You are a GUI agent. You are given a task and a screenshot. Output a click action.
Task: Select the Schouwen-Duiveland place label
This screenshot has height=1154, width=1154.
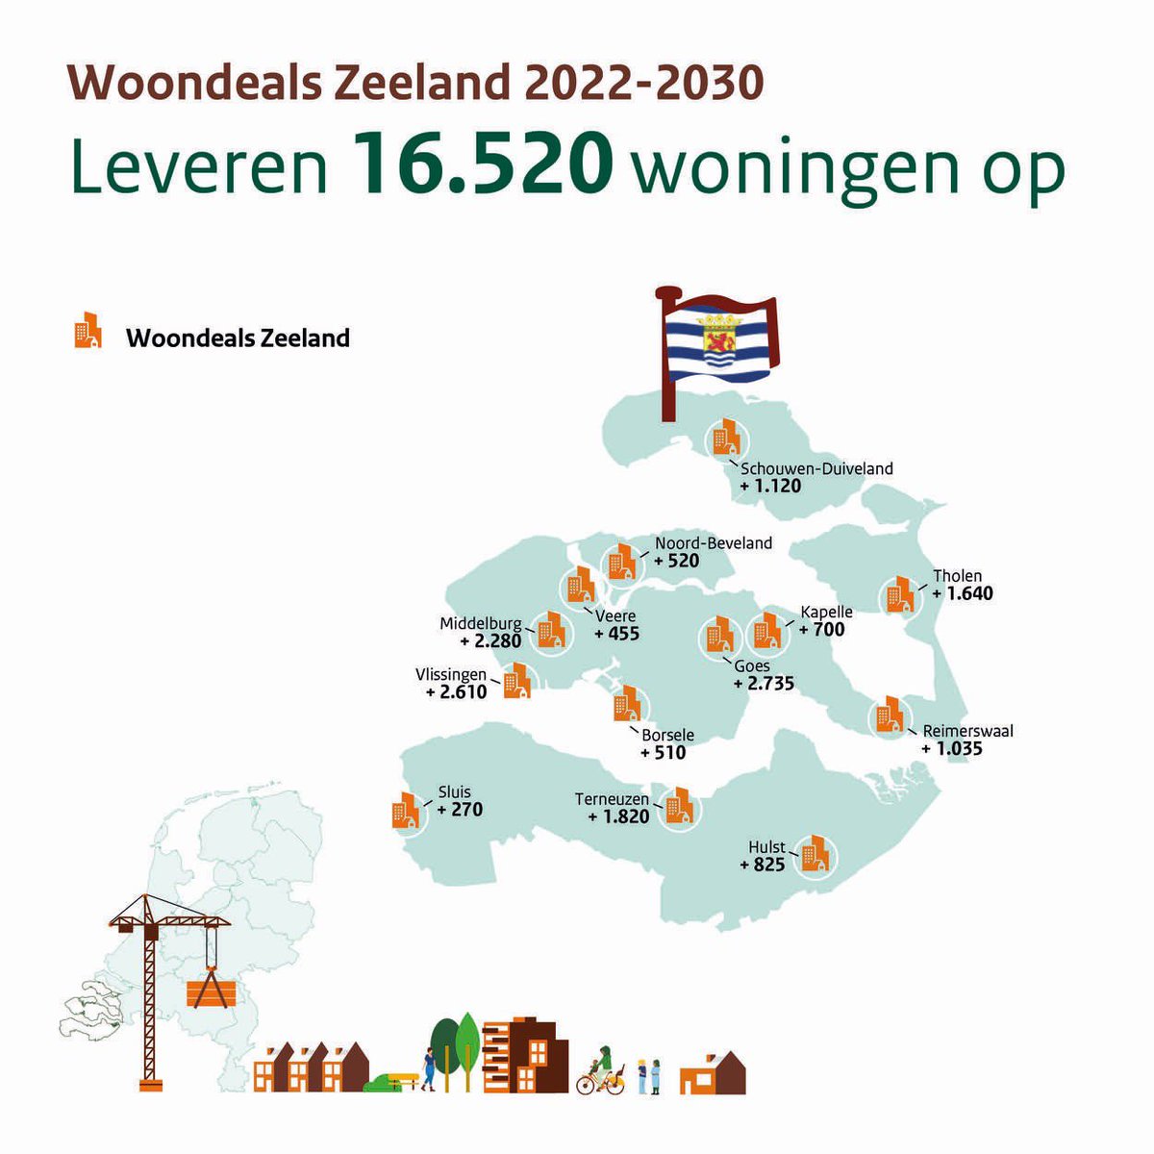coord(816,469)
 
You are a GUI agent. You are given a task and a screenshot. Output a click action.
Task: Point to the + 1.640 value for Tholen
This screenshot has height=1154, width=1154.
coord(963,593)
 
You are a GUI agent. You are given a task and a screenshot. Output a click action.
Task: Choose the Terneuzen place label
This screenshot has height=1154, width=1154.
coord(613,799)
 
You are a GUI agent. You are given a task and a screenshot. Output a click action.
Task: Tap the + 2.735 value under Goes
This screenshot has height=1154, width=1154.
coord(764,684)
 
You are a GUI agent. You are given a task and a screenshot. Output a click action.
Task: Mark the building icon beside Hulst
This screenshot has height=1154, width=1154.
coord(815,853)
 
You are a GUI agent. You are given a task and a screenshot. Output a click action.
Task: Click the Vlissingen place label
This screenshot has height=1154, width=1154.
coord(451,675)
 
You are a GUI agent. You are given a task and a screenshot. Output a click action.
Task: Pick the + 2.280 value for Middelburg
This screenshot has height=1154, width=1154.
coord(490,640)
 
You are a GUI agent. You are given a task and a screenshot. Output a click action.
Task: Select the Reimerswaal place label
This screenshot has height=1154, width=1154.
coord(967,731)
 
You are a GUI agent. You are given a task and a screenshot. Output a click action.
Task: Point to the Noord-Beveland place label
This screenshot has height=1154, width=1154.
coord(714,543)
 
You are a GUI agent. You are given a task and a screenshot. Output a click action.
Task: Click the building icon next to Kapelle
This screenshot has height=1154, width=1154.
coord(767,631)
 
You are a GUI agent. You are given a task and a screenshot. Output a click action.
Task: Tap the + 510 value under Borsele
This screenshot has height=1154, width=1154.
coord(664,752)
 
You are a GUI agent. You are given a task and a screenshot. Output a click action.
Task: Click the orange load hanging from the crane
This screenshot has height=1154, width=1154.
coord(210,993)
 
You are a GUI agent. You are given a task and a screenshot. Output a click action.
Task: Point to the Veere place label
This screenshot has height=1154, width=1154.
coord(616,617)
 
